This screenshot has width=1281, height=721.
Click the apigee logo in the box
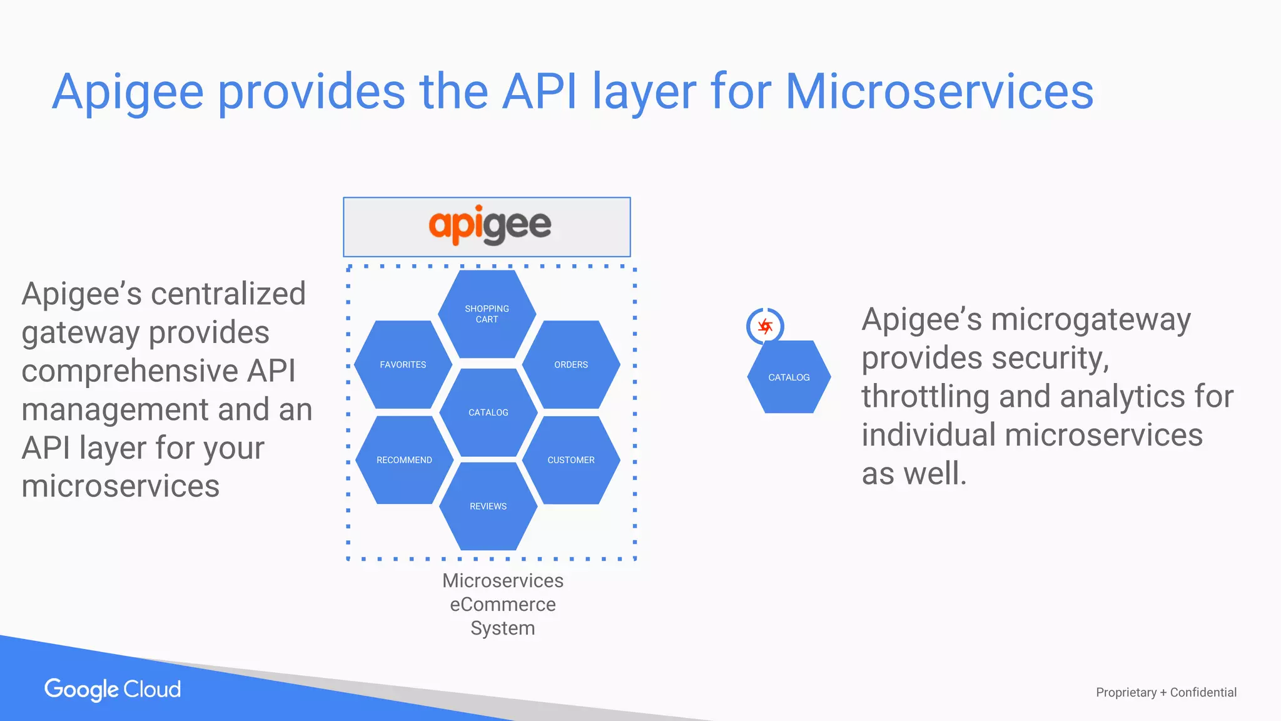[x=489, y=225]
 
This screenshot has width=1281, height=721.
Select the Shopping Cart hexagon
[x=487, y=314]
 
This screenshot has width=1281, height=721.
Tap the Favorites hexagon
[x=403, y=365]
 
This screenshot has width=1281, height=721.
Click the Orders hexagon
[x=570, y=365]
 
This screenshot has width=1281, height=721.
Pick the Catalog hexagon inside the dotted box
[x=488, y=412]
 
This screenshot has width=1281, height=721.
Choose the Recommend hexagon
[x=404, y=460]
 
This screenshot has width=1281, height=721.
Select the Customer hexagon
[x=570, y=460]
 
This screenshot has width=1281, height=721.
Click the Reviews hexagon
[x=488, y=506]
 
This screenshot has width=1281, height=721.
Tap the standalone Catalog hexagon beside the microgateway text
[x=789, y=377]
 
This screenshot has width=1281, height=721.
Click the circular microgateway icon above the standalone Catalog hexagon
[x=765, y=326]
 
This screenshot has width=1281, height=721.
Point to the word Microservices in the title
[x=938, y=92]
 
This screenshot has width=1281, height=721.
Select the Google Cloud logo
[x=113, y=689]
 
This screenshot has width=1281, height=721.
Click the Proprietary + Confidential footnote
[x=1166, y=692]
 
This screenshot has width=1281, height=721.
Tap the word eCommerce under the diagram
[x=502, y=605]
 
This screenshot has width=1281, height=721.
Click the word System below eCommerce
[x=502, y=628]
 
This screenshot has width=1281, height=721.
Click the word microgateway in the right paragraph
[x=1091, y=320]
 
